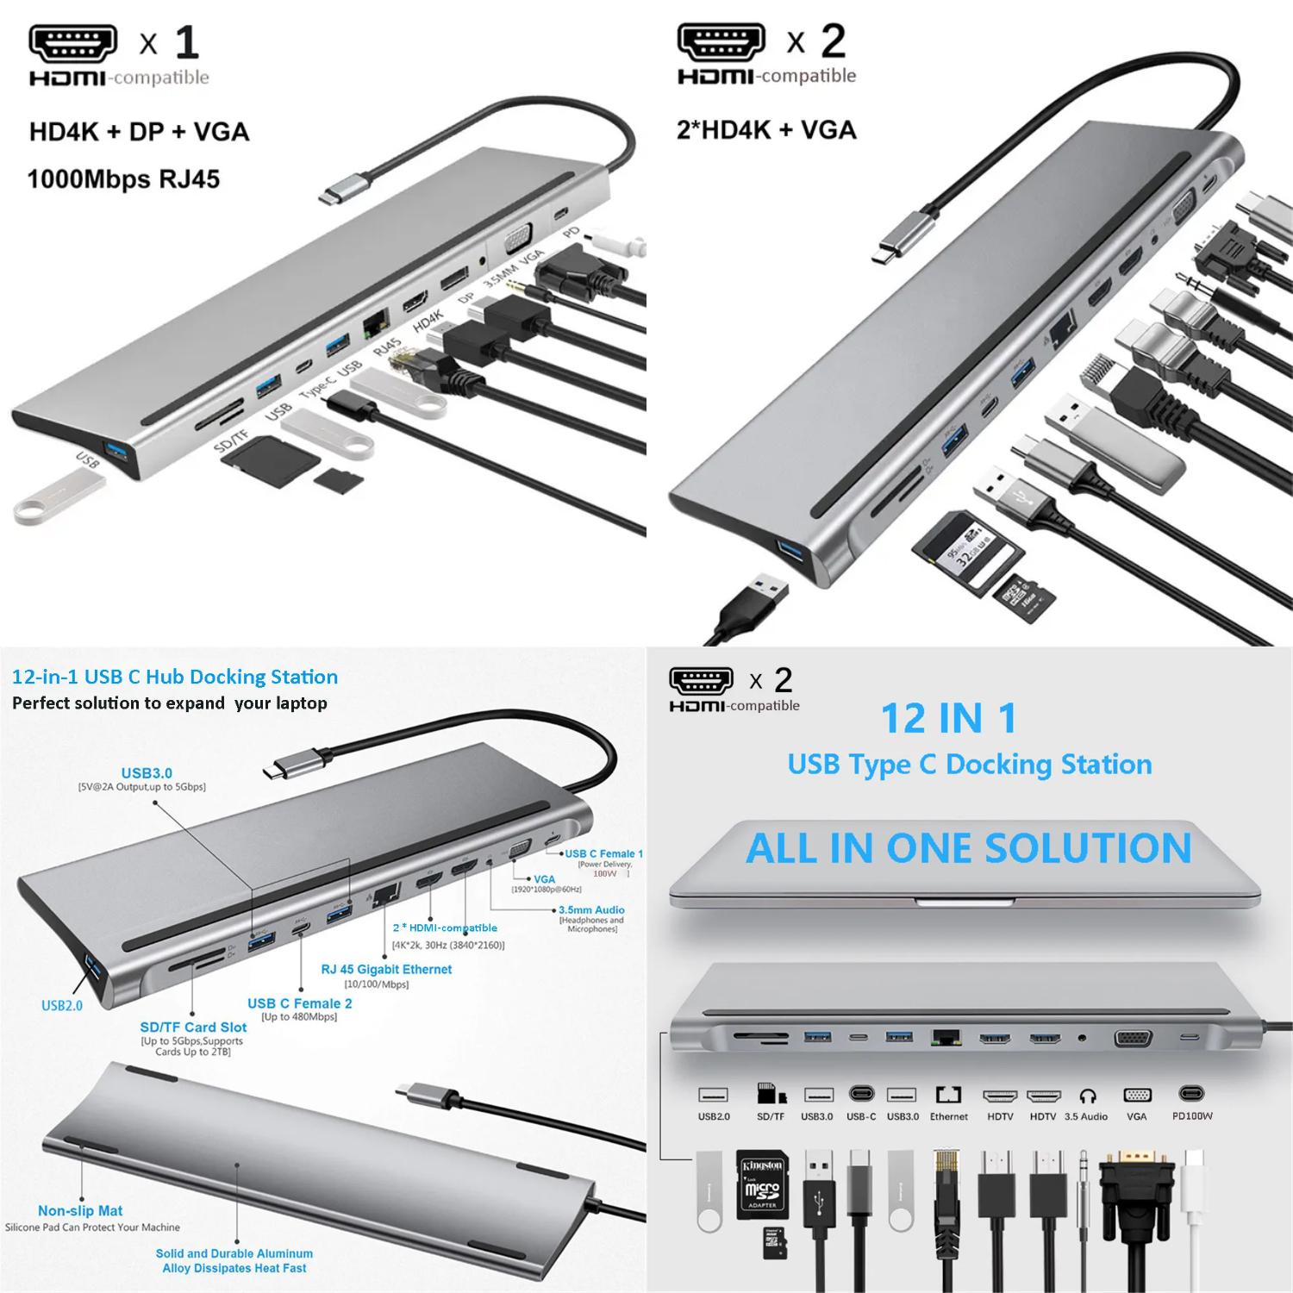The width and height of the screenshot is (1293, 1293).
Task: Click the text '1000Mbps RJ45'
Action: [x=123, y=179]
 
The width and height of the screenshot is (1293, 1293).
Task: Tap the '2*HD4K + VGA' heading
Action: [x=766, y=130]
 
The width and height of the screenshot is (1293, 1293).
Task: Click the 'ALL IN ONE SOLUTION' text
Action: [x=968, y=848]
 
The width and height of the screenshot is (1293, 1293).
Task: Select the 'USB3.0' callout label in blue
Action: [x=147, y=773]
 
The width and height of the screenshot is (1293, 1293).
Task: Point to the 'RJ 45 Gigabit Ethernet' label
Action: [x=386, y=969]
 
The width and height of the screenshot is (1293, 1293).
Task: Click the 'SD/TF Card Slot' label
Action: [x=193, y=1027]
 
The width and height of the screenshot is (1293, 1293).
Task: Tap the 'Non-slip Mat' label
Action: [x=80, y=1210]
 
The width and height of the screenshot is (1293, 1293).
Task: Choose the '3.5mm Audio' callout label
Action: [x=591, y=909]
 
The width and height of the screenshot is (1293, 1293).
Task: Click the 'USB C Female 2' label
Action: [x=299, y=1003]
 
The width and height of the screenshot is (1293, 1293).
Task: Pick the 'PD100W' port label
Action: [x=1192, y=1115]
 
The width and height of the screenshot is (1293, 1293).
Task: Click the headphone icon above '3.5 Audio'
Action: [x=1088, y=1096]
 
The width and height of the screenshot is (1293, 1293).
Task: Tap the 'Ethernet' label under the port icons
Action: [x=948, y=1116]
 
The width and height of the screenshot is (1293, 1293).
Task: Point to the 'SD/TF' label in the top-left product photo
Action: [x=230, y=441]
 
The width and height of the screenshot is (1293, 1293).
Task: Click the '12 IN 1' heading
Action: [x=949, y=719]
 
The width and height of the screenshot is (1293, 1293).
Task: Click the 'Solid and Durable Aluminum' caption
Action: [x=234, y=1253]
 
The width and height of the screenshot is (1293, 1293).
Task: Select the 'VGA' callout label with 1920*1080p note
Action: [x=544, y=879]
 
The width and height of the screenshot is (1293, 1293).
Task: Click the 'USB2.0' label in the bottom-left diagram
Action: [x=62, y=1005]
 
